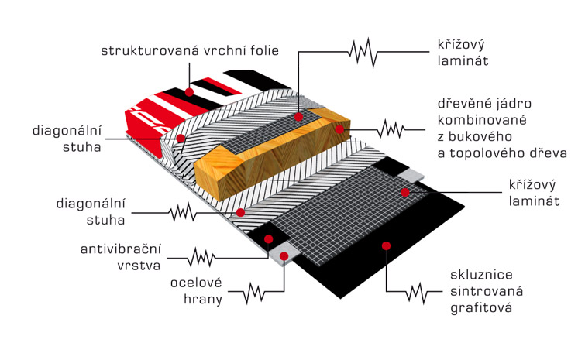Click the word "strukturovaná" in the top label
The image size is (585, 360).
pyautogui.click(x=150, y=50)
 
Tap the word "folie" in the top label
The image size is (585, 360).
pyautogui.click(x=264, y=50)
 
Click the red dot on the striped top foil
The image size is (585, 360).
pyautogui.click(x=189, y=91)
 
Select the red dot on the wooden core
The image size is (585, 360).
pyautogui.click(x=339, y=129)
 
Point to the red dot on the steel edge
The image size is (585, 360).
pyautogui.click(x=284, y=256)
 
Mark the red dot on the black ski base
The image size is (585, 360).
pyautogui.click(x=386, y=245)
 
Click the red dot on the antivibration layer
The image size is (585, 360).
pyautogui.click(x=268, y=239)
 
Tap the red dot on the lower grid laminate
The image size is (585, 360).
pyautogui.click(x=405, y=192)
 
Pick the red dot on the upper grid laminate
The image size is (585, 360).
pyautogui.click(x=298, y=117)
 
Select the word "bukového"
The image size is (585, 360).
pyautogui.click(x=480, y=136)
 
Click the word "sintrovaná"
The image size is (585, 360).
pyautogui.click(x=487, y=291)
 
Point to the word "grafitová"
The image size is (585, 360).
pyautogui.click(x=481, y=308)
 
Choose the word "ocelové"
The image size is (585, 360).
pyautogui.click(x=196, y=283)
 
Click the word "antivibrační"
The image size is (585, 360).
pyautogui.click(x=121, y=249)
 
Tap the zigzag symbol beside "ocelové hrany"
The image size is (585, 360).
pyautogui.click(x=254, y=293)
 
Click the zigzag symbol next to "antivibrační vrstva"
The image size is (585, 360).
pyautogui.click(x=201, y=258)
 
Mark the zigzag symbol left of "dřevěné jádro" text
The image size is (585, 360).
pyautogui.click(x=391, y=130)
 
